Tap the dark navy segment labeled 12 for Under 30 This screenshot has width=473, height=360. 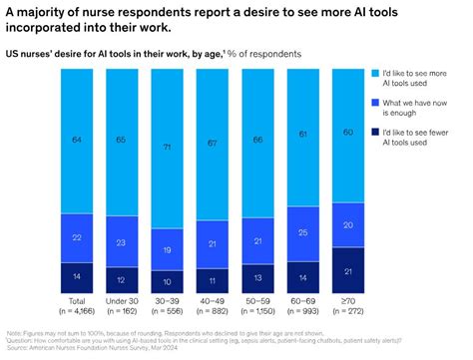coord(120,281)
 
